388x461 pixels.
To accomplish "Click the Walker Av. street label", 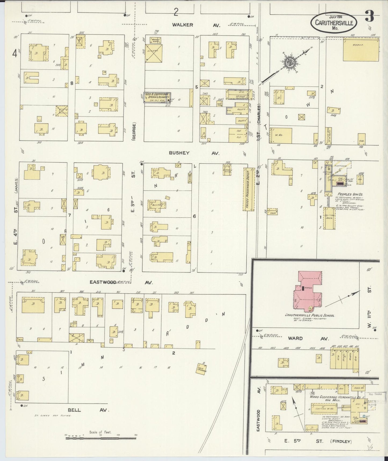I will (x=196, y=25).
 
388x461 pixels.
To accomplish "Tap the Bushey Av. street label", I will (x=194, y=153).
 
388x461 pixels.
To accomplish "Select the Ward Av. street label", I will (x=304, y=338).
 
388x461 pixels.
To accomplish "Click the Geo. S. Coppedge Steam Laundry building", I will (x=157, y=97).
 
